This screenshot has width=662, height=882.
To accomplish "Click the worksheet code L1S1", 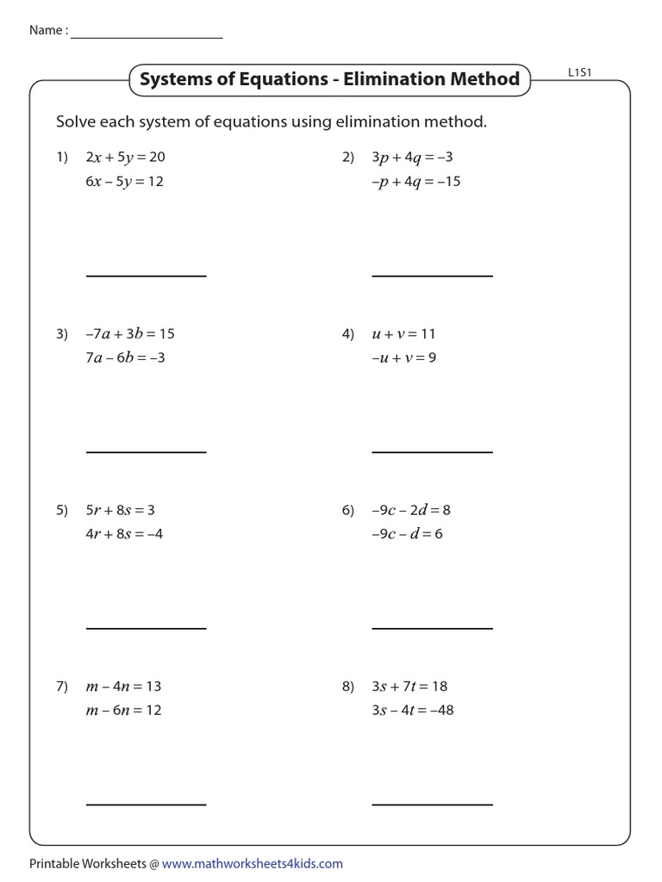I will [x=579, y=74].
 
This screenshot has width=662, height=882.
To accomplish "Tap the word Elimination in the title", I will [x=394, y=80].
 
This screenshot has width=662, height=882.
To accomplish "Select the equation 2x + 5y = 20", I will [x=124, y=158].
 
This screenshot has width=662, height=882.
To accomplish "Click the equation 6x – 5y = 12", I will [x=124, y=182].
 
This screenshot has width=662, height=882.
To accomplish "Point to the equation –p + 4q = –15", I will [x=416, y=182].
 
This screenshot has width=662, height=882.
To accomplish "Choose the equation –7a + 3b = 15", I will [x=130, y=333].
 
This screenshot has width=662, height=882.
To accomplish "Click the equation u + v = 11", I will [x=405, y=333].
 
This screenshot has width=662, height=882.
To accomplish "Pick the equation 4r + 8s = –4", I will [x=124, y=533].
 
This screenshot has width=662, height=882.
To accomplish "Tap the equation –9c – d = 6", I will [x=407, y=533].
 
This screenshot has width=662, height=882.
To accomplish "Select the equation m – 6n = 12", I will [x=123, y=711].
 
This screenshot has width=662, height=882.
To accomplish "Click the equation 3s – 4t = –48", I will [x=413, y=711].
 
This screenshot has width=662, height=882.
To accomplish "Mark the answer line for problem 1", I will [x=146, y=276].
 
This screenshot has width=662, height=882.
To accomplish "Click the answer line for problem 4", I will [x=432, y=451].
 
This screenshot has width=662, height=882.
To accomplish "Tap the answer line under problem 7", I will [x=146, y=804].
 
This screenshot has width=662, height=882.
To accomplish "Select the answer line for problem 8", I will [x=432, y=804].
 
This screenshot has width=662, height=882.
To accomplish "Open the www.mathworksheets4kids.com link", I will [x=252, y=863].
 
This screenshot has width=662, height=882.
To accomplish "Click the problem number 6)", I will [x=348, y=510].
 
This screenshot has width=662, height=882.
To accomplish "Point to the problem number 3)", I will [x=62, y=333].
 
